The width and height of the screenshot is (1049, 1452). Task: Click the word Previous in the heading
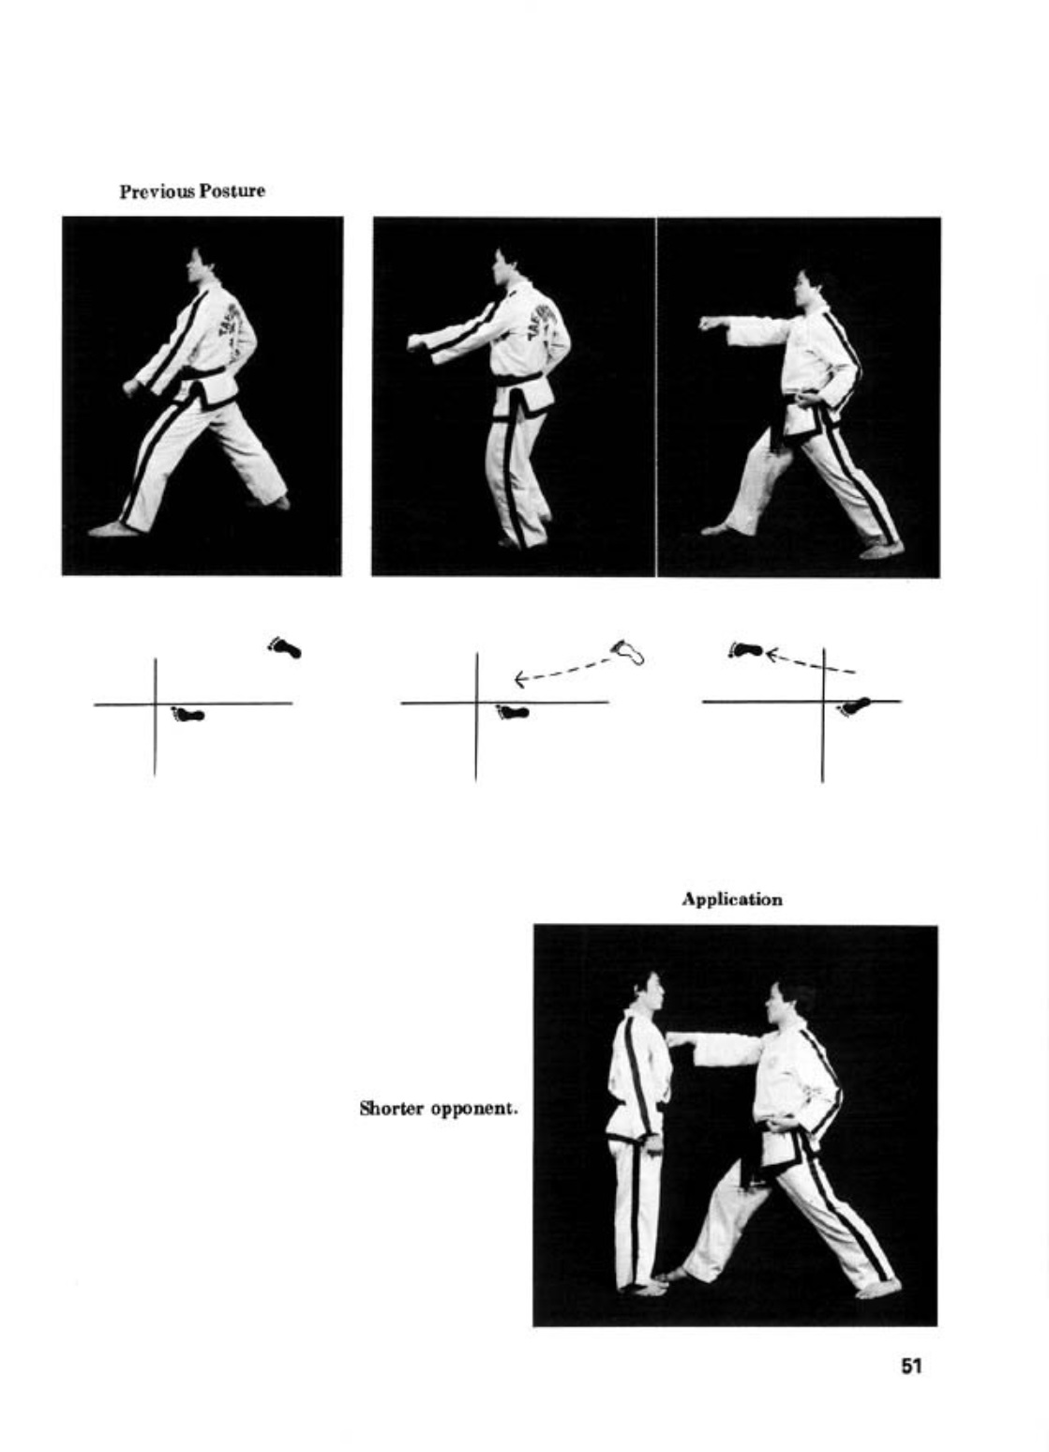157,191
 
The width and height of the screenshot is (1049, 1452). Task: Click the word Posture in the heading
232,191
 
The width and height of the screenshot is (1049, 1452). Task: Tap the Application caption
731,900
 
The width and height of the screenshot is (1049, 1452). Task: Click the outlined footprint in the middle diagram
628,652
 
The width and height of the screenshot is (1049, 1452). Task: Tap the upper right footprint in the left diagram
284,647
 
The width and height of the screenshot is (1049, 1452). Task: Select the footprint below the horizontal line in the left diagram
187,715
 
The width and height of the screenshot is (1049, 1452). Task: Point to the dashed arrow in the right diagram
810,662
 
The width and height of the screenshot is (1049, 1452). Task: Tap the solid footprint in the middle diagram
512,712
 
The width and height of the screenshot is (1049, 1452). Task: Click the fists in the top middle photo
420,343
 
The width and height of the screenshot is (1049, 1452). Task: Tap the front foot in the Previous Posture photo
114,530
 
